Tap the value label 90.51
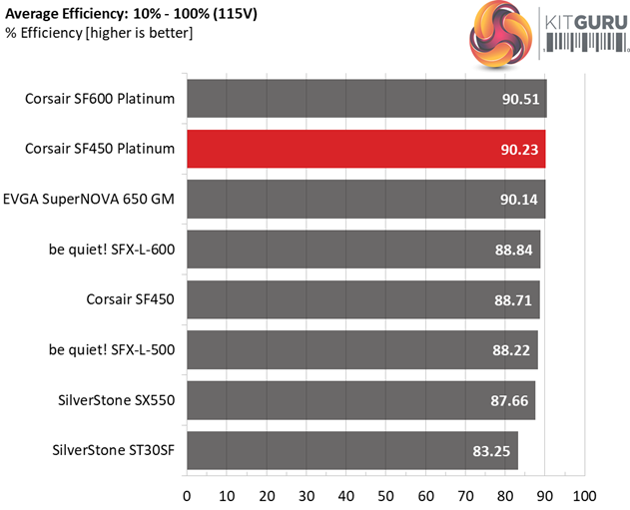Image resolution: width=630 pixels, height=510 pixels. pos(518,99)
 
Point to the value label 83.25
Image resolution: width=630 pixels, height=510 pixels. pos(490,451)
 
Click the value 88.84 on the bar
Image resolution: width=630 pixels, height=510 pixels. pos(512,250)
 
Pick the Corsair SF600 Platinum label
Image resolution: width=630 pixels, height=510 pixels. pos(102,99)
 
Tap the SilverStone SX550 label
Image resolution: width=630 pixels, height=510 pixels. pos(117,400)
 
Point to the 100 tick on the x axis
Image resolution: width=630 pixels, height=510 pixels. pos(584,495)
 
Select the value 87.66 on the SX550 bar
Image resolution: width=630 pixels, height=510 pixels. pos(507,400)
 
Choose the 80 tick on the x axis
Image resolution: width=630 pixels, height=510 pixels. pos(505,495)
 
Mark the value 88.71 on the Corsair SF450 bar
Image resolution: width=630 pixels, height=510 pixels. pos(511,299)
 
